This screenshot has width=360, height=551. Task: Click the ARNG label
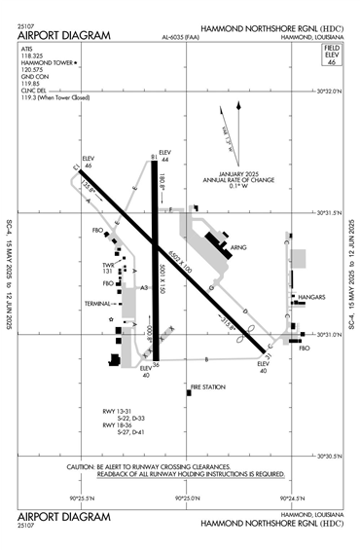pyautogui.click(x=238, y=248)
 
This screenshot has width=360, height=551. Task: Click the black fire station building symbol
pyautogui.click(x=188, y=394)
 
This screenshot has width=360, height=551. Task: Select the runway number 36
pyautogui.click(x=156, y=365)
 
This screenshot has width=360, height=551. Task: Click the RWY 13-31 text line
pyautogui.click(x=117, y=412)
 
